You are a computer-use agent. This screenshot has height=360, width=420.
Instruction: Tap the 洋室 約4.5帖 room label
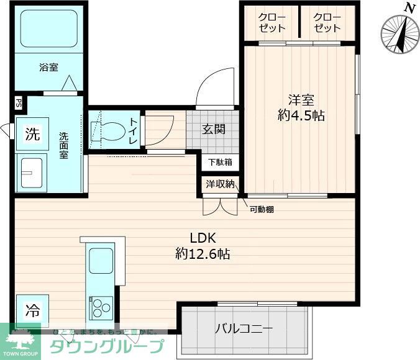click(x=301, y=107)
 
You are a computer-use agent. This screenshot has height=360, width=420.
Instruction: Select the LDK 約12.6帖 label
click(x=203, y=245)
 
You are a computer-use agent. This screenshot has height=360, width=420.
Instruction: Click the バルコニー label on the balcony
click(x=243, y=329)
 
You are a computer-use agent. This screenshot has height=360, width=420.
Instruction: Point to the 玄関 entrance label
click(x=213, y=129)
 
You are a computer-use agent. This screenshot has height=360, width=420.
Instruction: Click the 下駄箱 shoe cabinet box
click(x=219, y=163)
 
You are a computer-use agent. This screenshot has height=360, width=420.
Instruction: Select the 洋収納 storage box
click(x=219, y=184)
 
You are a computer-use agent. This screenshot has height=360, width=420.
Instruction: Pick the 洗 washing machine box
click(x=32, y=133)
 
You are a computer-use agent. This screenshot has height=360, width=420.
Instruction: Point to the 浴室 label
click(x=48, y=67)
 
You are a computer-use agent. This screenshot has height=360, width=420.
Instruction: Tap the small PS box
click(x=19, y=104)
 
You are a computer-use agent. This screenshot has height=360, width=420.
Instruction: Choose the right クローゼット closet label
click(x=327, y=22)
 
